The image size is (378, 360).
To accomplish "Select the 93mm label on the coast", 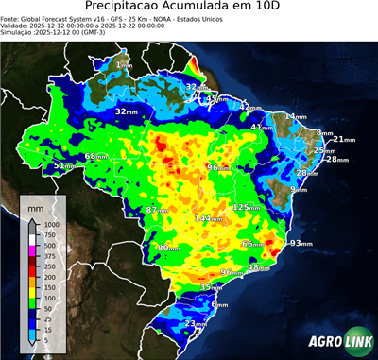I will point(301,243).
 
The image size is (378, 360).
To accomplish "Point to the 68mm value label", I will point(96,157).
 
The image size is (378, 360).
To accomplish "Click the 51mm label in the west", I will point(63,166).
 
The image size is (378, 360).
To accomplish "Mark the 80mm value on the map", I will point(167,248).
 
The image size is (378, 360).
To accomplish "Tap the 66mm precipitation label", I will point(252,244).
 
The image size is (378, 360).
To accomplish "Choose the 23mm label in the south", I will point(195,324).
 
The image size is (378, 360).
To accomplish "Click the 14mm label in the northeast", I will point(296,117).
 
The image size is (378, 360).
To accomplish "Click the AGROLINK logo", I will point(336,339).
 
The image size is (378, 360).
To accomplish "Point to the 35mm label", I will point(211,287).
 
